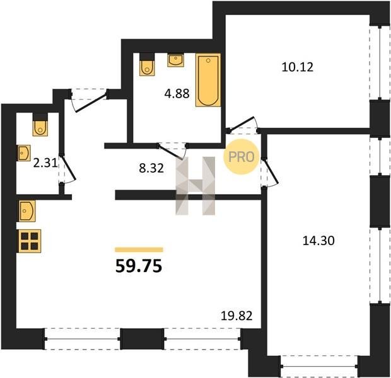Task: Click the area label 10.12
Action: pyautogui.click(x=297, y=67)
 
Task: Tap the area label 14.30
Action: pyautogui.click(x=318, y=241)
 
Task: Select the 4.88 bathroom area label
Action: pyautogui.click(x=177, y=94)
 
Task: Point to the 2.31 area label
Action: pyautogui.click(x=45, y=163)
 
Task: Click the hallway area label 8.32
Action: pyautogui.click(x=151, y=168)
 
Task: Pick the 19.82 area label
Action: pyautogui.click(x=236, y=316)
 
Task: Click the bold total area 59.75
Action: pyautogui.click(x=139, y=266)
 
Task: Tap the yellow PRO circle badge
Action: pyautogui.click(x=242, y=157)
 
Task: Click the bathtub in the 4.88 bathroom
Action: pyautogui.click(x=208, y=80)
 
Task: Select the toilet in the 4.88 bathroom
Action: pyautogui.click(x=147, y=64)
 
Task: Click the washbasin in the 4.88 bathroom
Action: pyautogui.click(x=176, y=60)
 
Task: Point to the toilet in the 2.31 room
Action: pyautogui.click(x=40, y=125)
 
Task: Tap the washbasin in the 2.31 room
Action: pyautogui.click(x=24, y=152)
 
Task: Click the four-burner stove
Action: pyautogui.click(x=30, y=241)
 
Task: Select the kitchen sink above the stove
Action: pyautogui.click(x=26, y=211)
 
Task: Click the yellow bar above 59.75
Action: pyautogui.click(x=139, y=249)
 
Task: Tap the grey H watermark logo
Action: pyautogui.click(x=195, y=186)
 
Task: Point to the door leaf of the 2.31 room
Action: pyautogui.click(x=68, y=168)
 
